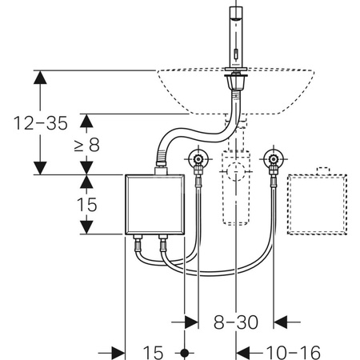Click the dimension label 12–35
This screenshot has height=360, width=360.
point(41,123)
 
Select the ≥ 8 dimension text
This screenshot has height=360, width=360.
point(87,145)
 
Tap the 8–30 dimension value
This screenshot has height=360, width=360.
point(236,322)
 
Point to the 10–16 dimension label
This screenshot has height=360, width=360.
point(294,353)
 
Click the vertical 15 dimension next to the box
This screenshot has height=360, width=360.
point(87,205)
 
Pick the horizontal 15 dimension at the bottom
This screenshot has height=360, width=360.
point(153,353)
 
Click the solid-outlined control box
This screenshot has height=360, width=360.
point(155,205)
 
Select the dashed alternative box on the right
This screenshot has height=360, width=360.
point(318,205)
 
